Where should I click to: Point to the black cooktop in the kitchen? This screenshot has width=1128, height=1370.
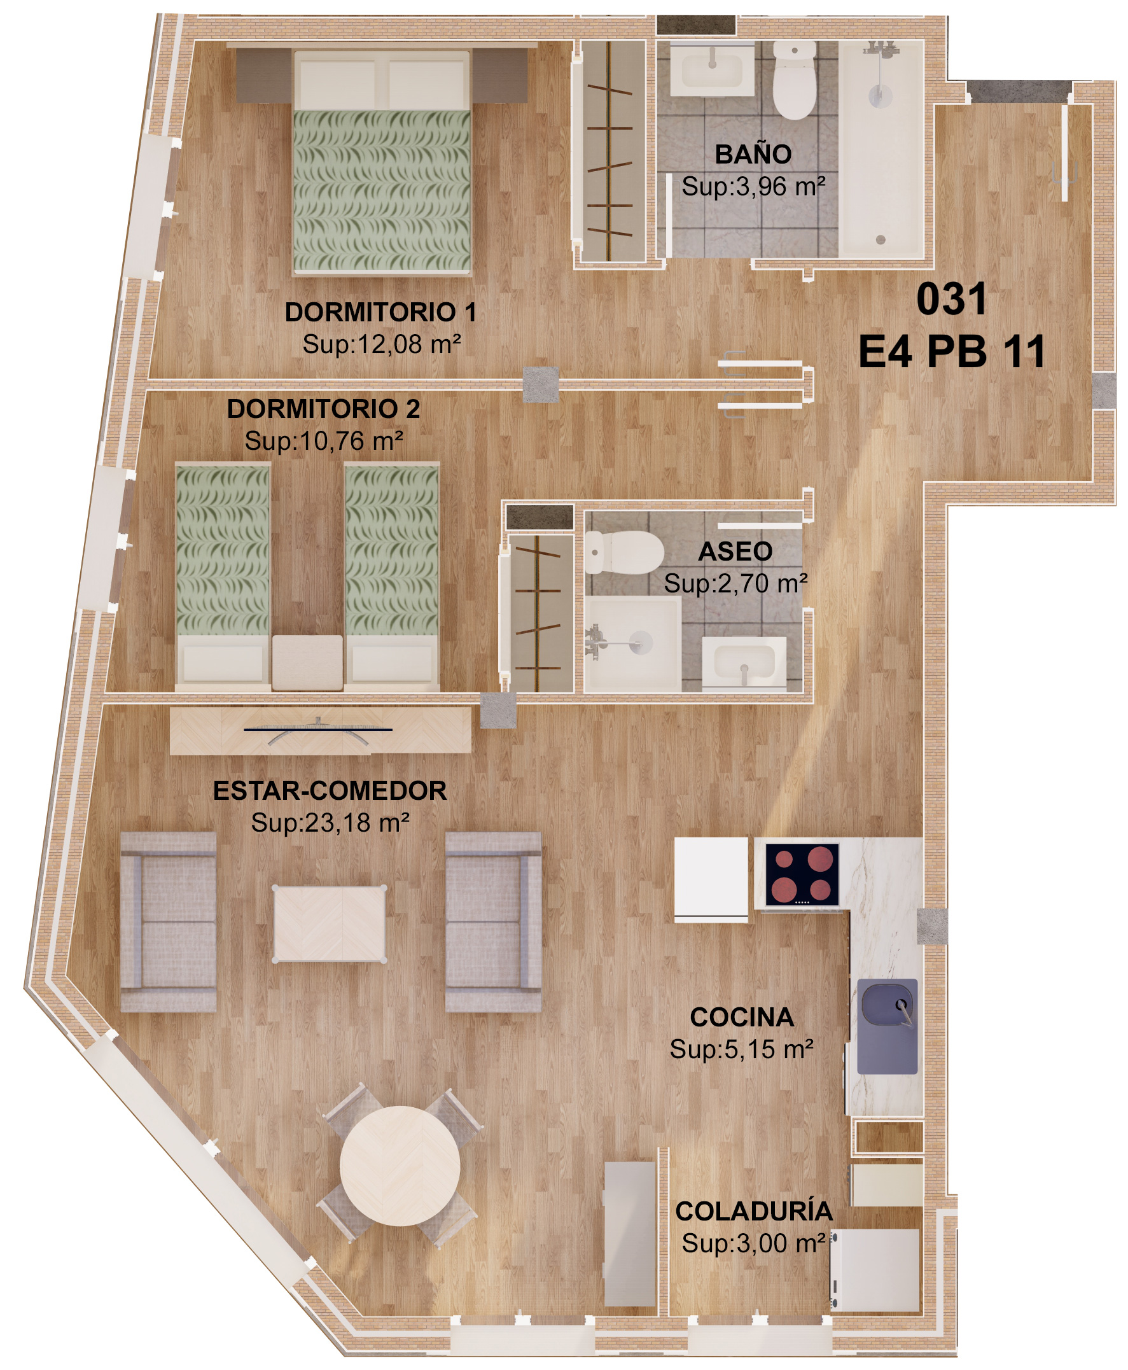[802, 875]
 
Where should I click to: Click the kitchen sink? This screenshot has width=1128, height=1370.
[887, 1026]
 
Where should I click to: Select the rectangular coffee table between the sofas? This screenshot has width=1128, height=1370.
[330, 923]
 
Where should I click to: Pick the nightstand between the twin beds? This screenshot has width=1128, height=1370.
[307, 662]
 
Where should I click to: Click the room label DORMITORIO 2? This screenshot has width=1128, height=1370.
[323, 409]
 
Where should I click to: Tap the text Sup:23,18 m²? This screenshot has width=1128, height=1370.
[330, 823]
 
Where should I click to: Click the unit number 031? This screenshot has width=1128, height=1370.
[951, 299]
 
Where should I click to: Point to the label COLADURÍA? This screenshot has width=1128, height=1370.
[754, 1211]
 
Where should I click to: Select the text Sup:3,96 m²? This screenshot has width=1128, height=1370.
[753, 186]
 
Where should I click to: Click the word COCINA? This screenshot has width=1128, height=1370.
[741, 1017]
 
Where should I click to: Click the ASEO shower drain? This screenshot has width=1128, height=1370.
[641, 643]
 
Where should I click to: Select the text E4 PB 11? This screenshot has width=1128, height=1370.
[951, 352]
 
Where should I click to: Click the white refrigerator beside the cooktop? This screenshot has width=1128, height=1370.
[711, 879]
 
